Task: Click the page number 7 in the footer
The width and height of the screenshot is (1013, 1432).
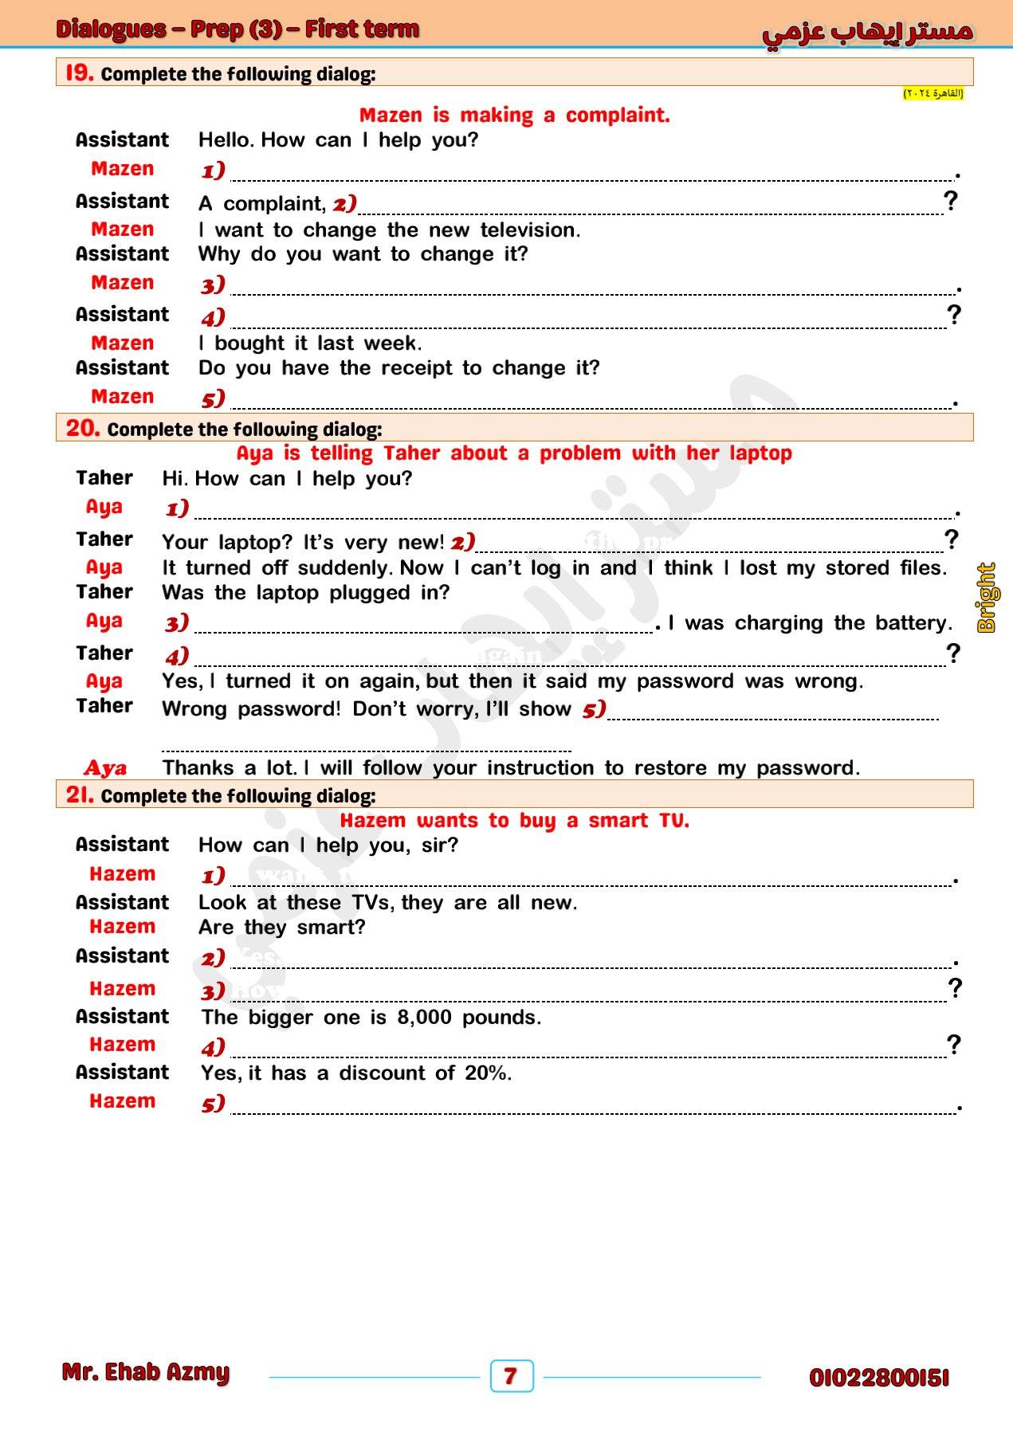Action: click(x=511, y=1375)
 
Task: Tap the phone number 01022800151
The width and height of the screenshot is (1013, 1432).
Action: click(x=879, y=1378)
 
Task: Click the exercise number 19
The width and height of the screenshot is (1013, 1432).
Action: click(x=80, y=73)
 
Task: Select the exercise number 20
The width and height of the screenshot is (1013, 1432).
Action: click(x=83, y=428)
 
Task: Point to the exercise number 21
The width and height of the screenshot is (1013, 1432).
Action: click(x=80, y=794)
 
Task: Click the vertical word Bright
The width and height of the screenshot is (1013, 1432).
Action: click(x=987, y=598)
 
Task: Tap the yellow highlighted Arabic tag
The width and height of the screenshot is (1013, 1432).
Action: click(x=933, y=94)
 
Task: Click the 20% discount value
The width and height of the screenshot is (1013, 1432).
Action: click(x=487, y=1073)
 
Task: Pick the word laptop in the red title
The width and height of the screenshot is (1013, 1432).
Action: click(x=761, y=453)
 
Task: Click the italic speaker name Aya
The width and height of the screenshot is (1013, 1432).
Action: click(x=105, y=768)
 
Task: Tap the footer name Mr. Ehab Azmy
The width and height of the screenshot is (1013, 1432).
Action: click(x=146, y=1372)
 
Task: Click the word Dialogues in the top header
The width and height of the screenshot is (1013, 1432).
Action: click(x=111, y=29)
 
